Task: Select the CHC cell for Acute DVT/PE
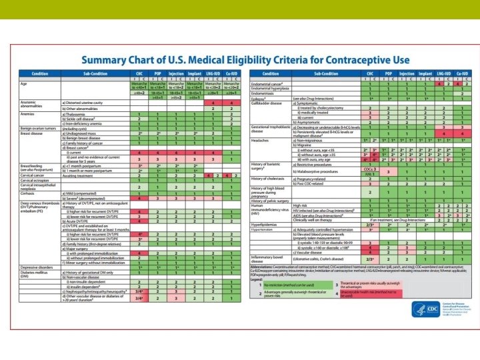click(139, 220)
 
